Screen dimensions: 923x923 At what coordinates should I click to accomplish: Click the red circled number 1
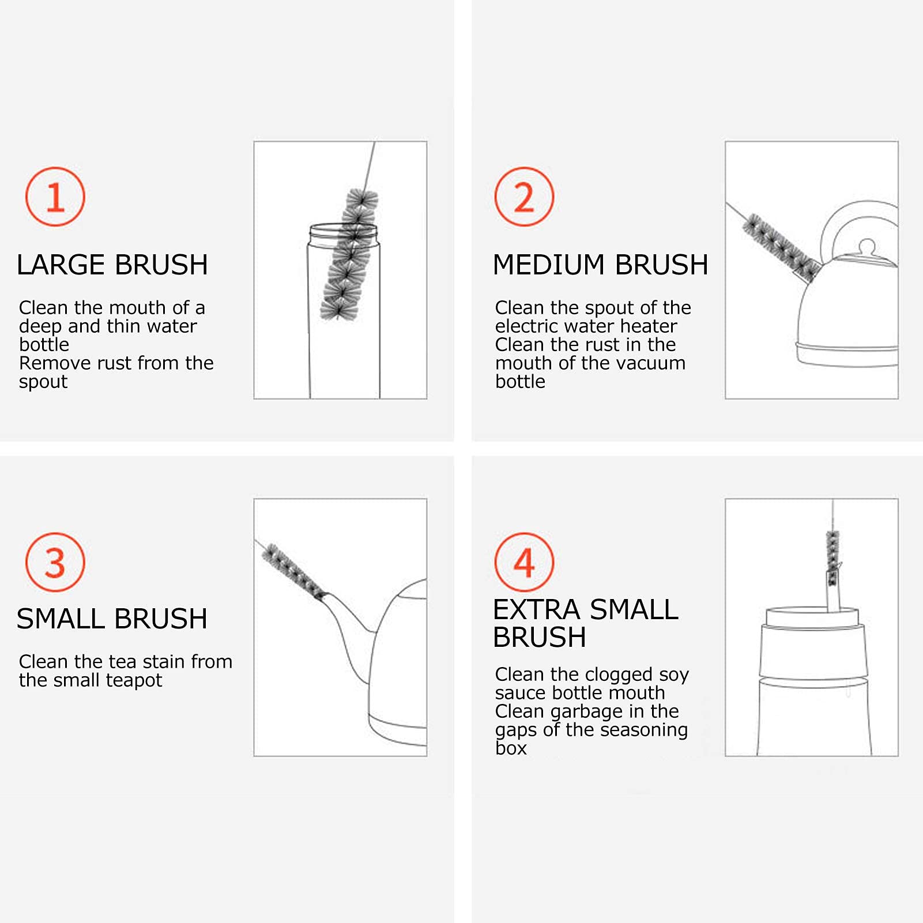pos(55,197)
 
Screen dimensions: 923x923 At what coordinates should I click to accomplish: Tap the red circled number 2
pos(524,197)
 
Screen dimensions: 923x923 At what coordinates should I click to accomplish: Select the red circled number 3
pos(55,562)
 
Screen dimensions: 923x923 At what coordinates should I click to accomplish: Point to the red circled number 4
pos(524,562)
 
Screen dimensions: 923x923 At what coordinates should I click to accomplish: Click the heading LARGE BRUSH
pos(112,265)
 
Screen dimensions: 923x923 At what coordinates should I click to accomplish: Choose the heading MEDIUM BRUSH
pos(601,265)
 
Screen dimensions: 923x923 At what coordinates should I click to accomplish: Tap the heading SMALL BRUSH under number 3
pos(112,619)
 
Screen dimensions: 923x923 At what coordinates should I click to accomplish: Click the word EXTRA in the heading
pos(537,610)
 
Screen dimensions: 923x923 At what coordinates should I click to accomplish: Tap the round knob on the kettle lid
pos(866,246)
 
